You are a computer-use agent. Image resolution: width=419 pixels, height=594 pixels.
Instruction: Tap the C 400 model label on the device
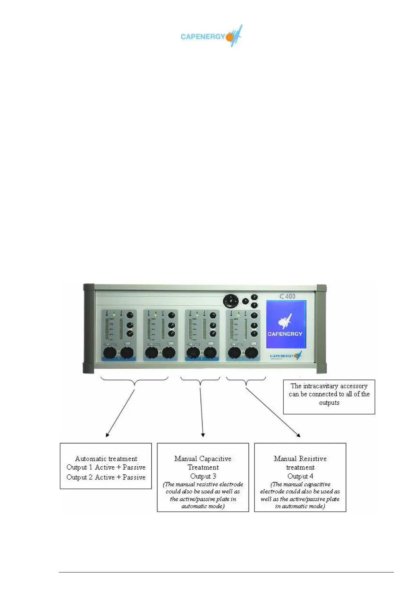[287, 296]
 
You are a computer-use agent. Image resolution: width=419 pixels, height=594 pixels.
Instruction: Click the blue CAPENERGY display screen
[286, 324]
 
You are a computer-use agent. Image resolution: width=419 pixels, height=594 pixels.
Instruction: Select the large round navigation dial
[230, 301]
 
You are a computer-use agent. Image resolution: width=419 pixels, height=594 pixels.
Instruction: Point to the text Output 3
[203, 476]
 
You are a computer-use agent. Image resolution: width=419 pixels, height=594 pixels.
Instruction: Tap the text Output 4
[300, 476]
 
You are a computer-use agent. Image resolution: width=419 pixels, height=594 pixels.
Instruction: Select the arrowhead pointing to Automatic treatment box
[107, 435]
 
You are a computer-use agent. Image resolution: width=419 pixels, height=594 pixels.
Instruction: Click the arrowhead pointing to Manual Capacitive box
[203, 436]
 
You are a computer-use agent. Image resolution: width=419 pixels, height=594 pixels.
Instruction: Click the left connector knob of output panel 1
[110, 352]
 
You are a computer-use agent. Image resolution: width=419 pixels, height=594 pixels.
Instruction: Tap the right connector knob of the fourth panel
[251, 352]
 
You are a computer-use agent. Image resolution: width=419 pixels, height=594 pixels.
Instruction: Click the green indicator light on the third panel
[197, 314]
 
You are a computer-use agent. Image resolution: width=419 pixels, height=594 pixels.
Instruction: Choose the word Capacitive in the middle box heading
[215, 459]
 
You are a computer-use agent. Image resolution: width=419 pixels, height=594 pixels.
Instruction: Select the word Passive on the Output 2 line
[134, 477]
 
